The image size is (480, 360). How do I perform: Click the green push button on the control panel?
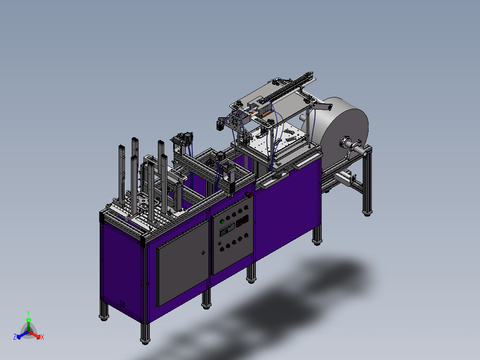222,222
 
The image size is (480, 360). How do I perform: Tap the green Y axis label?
28,313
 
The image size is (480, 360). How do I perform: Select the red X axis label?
42,337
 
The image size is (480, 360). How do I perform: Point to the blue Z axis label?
15,337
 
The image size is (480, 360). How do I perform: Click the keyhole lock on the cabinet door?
203,253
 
